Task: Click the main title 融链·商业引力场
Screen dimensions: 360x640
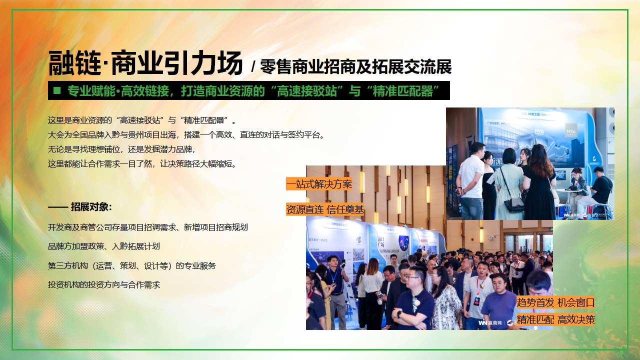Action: pos(145,63)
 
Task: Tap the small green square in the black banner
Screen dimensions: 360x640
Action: pos(57,90)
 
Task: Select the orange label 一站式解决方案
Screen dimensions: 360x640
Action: pos(319,184)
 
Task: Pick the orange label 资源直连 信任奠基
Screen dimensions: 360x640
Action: pos(325,209)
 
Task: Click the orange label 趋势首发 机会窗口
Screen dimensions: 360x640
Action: pos(555,302)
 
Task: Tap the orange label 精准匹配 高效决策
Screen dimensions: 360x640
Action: pos(555,319)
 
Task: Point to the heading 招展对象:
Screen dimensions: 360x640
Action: pos(80,207)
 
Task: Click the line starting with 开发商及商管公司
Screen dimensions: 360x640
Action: pos(147,227)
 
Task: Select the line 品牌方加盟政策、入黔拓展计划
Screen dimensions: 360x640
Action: pos(104,246)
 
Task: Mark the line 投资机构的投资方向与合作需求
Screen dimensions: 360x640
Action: pos(104,284)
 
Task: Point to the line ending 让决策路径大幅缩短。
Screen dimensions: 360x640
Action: pos(141,163)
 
